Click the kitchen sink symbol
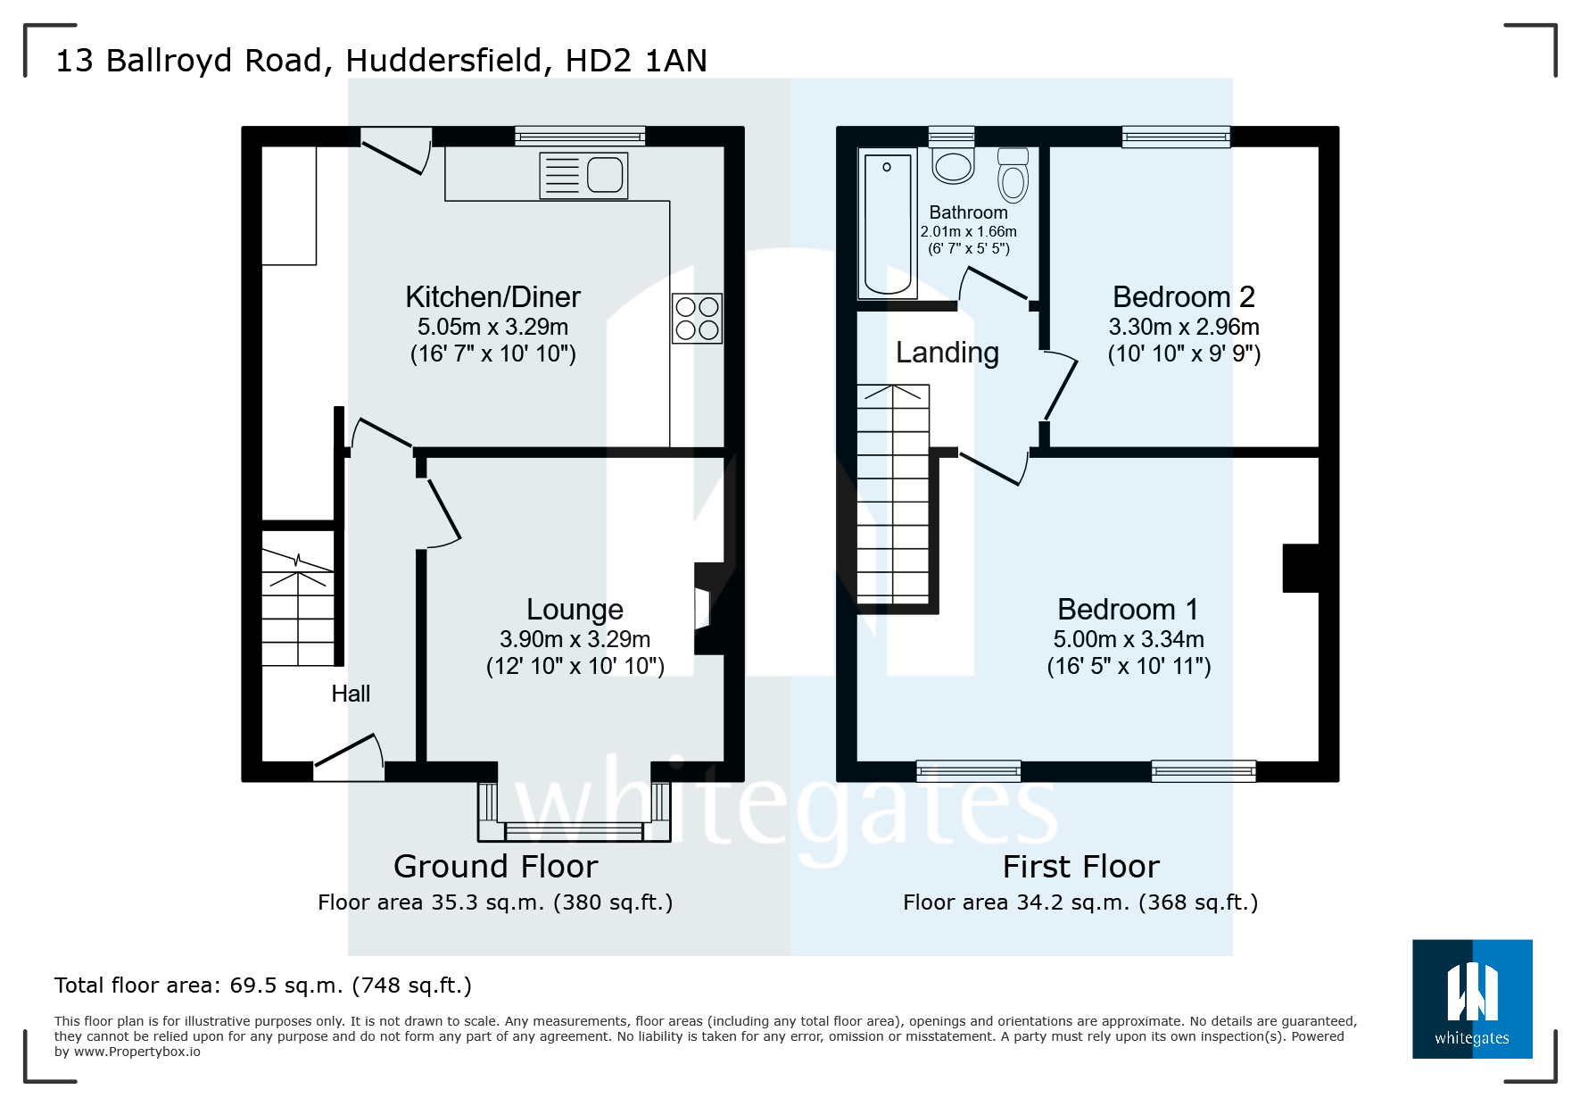(x=583, y=175)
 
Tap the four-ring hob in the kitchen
(x=697, y=319)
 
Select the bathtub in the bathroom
(x=888, y=223)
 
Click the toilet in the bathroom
(x=1013, y=175)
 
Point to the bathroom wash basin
(x=953, y=164)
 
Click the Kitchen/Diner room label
(x=492, y=296)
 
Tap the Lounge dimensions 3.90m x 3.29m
(x=575, y=639)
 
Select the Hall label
(x=351, y=694)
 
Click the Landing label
(x=947, y=353)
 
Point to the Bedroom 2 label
(x=1183, y=296)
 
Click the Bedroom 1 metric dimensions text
(x=1128, y=639)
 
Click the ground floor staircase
(x=297, y=607)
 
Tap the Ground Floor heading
(x=495, y=867)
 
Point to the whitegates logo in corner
(x=1471, y=998)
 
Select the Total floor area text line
(x=262, y=985)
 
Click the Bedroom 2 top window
(x=1175, y=137)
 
